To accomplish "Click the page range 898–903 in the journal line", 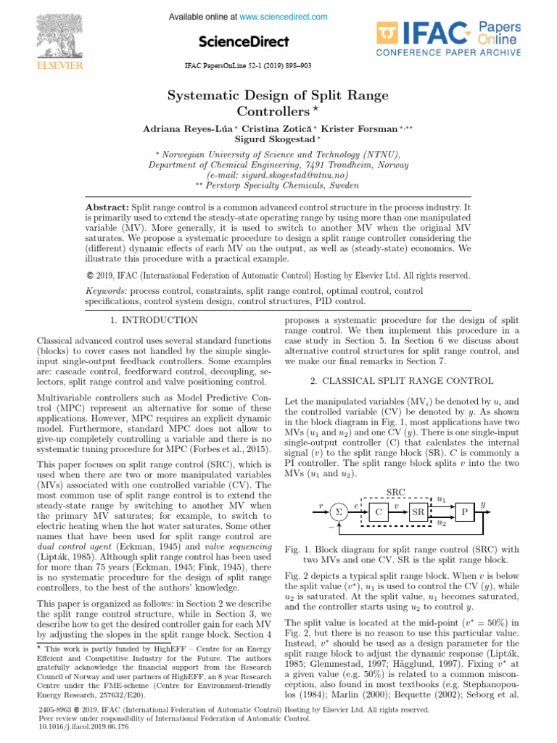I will click(x=294, y=65).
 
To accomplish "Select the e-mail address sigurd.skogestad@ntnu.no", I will click(x=278, y=175).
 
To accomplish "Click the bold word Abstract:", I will click(x=107, y=208).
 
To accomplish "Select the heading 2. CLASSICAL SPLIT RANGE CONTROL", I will click(x=400, y=381).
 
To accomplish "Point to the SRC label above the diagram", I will click(x=397, y=491).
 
